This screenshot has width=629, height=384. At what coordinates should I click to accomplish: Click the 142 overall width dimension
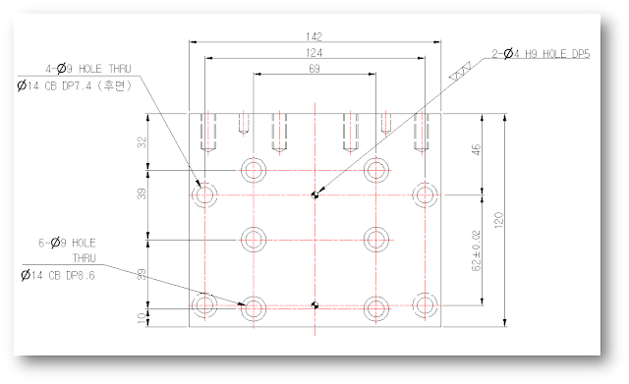click(x=314, y=37)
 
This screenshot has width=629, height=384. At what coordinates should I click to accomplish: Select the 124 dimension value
click(x=314, y=53)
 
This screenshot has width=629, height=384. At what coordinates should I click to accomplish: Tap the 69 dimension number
click(x=314, y=69)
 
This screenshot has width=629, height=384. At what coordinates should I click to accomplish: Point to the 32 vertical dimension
click(x=142, y=142)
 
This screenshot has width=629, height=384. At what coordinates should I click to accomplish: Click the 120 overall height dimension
click(x=498, y=220)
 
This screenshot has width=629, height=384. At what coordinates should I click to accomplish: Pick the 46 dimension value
click(x=476, y=150)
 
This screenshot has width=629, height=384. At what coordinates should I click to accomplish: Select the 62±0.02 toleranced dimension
click(x=476, y=250)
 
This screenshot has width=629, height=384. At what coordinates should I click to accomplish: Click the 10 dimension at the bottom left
click(x=142, y=318)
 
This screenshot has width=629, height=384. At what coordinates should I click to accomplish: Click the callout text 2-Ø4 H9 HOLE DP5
click(x=541, y=54)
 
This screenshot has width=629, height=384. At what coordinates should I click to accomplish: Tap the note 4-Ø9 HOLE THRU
click(x=88, y=69)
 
